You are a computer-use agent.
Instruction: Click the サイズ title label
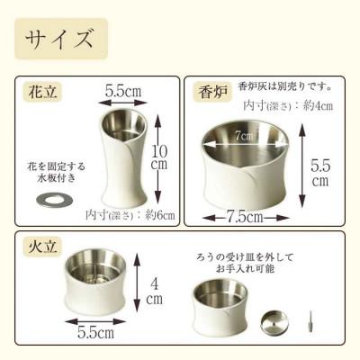tap(61, 39)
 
